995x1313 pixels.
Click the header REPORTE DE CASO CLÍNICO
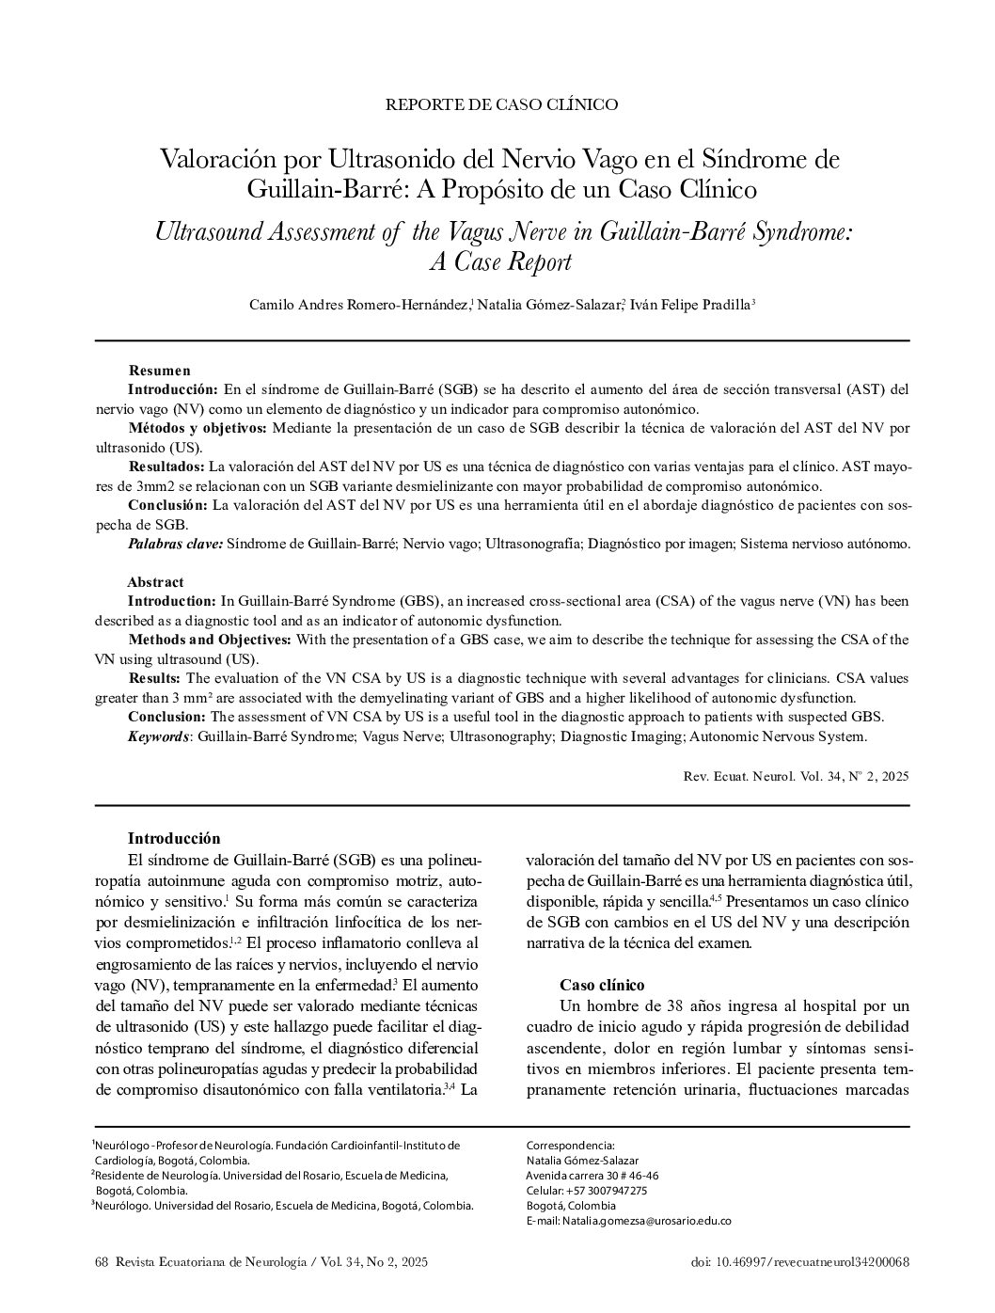pyautogui.click(x=501, y=104)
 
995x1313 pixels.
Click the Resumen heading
pyautogui.click(x=159, y=371)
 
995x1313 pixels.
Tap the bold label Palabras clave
pyautogui.click(x=175, y=544)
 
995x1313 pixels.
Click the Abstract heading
pyautogui.click(x=155, y=582)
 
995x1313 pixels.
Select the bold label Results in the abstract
pyautogui.click(x=154, y=678)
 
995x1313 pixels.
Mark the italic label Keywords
pyautogui.click(x=158, y=736)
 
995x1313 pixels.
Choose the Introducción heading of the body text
pyautogui.click(x=174, y=839)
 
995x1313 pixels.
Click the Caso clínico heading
pyautogui.click(x=602, y=985)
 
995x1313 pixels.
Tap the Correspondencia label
pyautogui.click(x=570, y=1145)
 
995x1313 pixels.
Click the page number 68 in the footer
pyautogui.click(x=103, y=1262)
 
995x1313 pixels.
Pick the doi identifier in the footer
pyautogui.click(x=799, y=1262)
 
